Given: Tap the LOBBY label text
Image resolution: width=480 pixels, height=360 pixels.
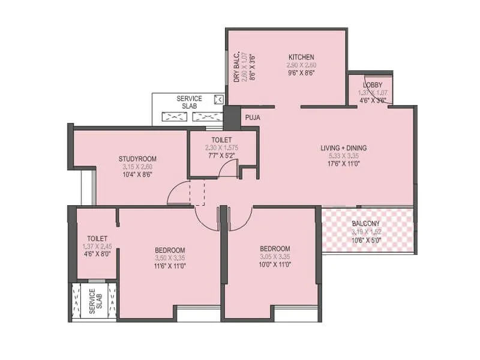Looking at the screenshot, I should click(372, 85).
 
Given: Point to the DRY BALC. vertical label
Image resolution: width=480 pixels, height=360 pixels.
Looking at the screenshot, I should click(237, 66).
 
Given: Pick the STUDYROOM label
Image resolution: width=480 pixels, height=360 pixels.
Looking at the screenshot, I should click(137, 159).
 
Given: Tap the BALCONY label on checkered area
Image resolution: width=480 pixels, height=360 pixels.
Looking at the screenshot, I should click(366, 224).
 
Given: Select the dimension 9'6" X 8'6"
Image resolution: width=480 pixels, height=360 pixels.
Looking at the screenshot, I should click(301, 72).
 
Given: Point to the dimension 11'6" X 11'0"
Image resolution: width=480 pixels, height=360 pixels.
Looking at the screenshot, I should click(170, 266).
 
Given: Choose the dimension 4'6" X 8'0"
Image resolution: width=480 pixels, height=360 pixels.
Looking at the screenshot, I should click(97, 254).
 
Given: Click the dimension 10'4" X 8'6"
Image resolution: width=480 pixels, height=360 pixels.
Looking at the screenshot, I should click(137, 175).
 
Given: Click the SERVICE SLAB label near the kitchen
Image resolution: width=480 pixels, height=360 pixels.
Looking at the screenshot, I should click(189, 102).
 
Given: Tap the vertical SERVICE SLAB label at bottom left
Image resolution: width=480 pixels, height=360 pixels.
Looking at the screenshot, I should click(92, 301).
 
